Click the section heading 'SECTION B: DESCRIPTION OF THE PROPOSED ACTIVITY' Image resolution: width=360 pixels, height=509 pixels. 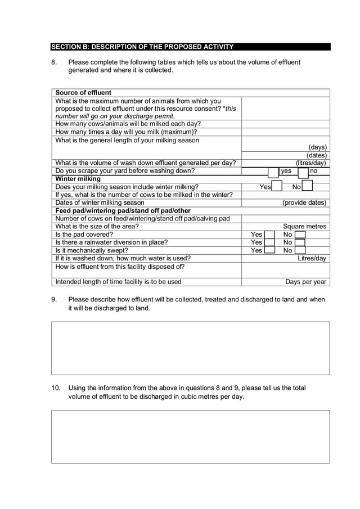[142, 46]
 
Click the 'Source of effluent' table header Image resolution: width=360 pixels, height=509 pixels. [83, 93]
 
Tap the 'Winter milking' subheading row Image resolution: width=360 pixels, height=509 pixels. [78, 179]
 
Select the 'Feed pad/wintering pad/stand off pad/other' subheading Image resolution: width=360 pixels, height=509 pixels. [123, 211]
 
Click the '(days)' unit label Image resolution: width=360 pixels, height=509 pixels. [317, 147]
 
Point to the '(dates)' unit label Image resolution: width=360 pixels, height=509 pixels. [317, 155]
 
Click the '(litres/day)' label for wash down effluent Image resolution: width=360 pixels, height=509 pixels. [311, 163]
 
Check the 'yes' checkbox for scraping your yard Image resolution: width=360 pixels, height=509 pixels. [273, 171]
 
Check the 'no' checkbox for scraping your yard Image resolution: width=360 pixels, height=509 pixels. [303, 171]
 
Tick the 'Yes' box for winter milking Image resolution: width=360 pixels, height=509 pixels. [277, 187]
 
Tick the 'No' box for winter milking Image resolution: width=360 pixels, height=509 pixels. [307, 187]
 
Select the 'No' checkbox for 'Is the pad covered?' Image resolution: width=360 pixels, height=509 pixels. [300, 235]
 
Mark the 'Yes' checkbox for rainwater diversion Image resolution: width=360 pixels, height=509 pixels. [269, 242]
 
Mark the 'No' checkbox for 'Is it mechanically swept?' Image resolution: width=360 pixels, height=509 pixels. [300, 250]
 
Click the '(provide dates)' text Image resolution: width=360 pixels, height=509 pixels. [304, 202]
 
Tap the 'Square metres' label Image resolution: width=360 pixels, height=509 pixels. [304, 227]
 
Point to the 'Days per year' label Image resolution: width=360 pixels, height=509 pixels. [306, 282]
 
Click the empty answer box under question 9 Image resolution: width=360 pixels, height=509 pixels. [190, 348]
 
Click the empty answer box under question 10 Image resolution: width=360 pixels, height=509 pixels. [190, 436]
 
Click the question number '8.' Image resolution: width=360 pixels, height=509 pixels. [55, 62]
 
